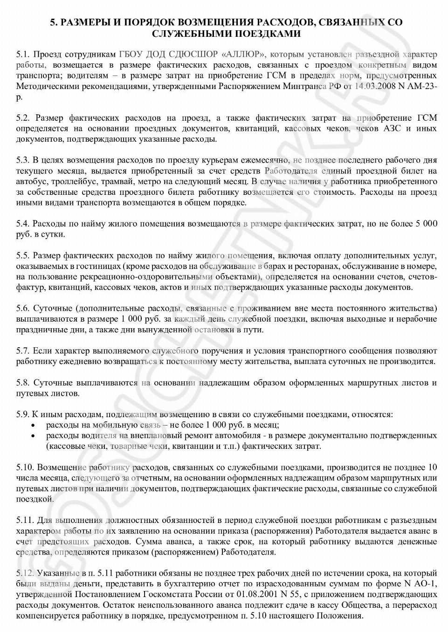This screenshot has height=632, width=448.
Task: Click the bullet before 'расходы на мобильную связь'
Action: pos(33,426)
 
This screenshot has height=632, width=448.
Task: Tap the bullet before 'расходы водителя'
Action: pos(33,436)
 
